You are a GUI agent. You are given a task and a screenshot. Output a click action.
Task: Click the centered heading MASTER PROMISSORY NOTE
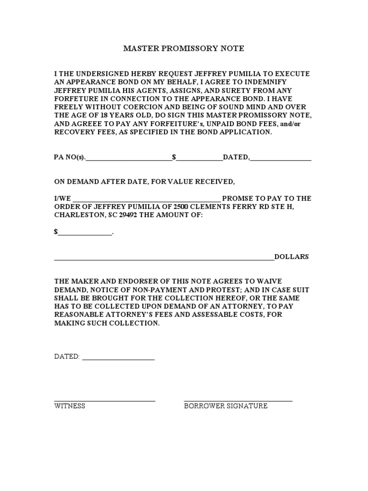(184, 48)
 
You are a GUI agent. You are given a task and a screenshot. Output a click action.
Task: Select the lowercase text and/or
(299, 123)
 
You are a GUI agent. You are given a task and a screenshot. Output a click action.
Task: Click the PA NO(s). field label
(69, 157)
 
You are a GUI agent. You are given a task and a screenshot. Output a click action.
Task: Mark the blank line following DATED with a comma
(281, 158)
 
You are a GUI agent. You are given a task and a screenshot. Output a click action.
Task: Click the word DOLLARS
(291, 257)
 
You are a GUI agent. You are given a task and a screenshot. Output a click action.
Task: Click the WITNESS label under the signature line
(69, 406)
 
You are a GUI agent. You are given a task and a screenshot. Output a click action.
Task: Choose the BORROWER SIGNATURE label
(226, 406)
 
